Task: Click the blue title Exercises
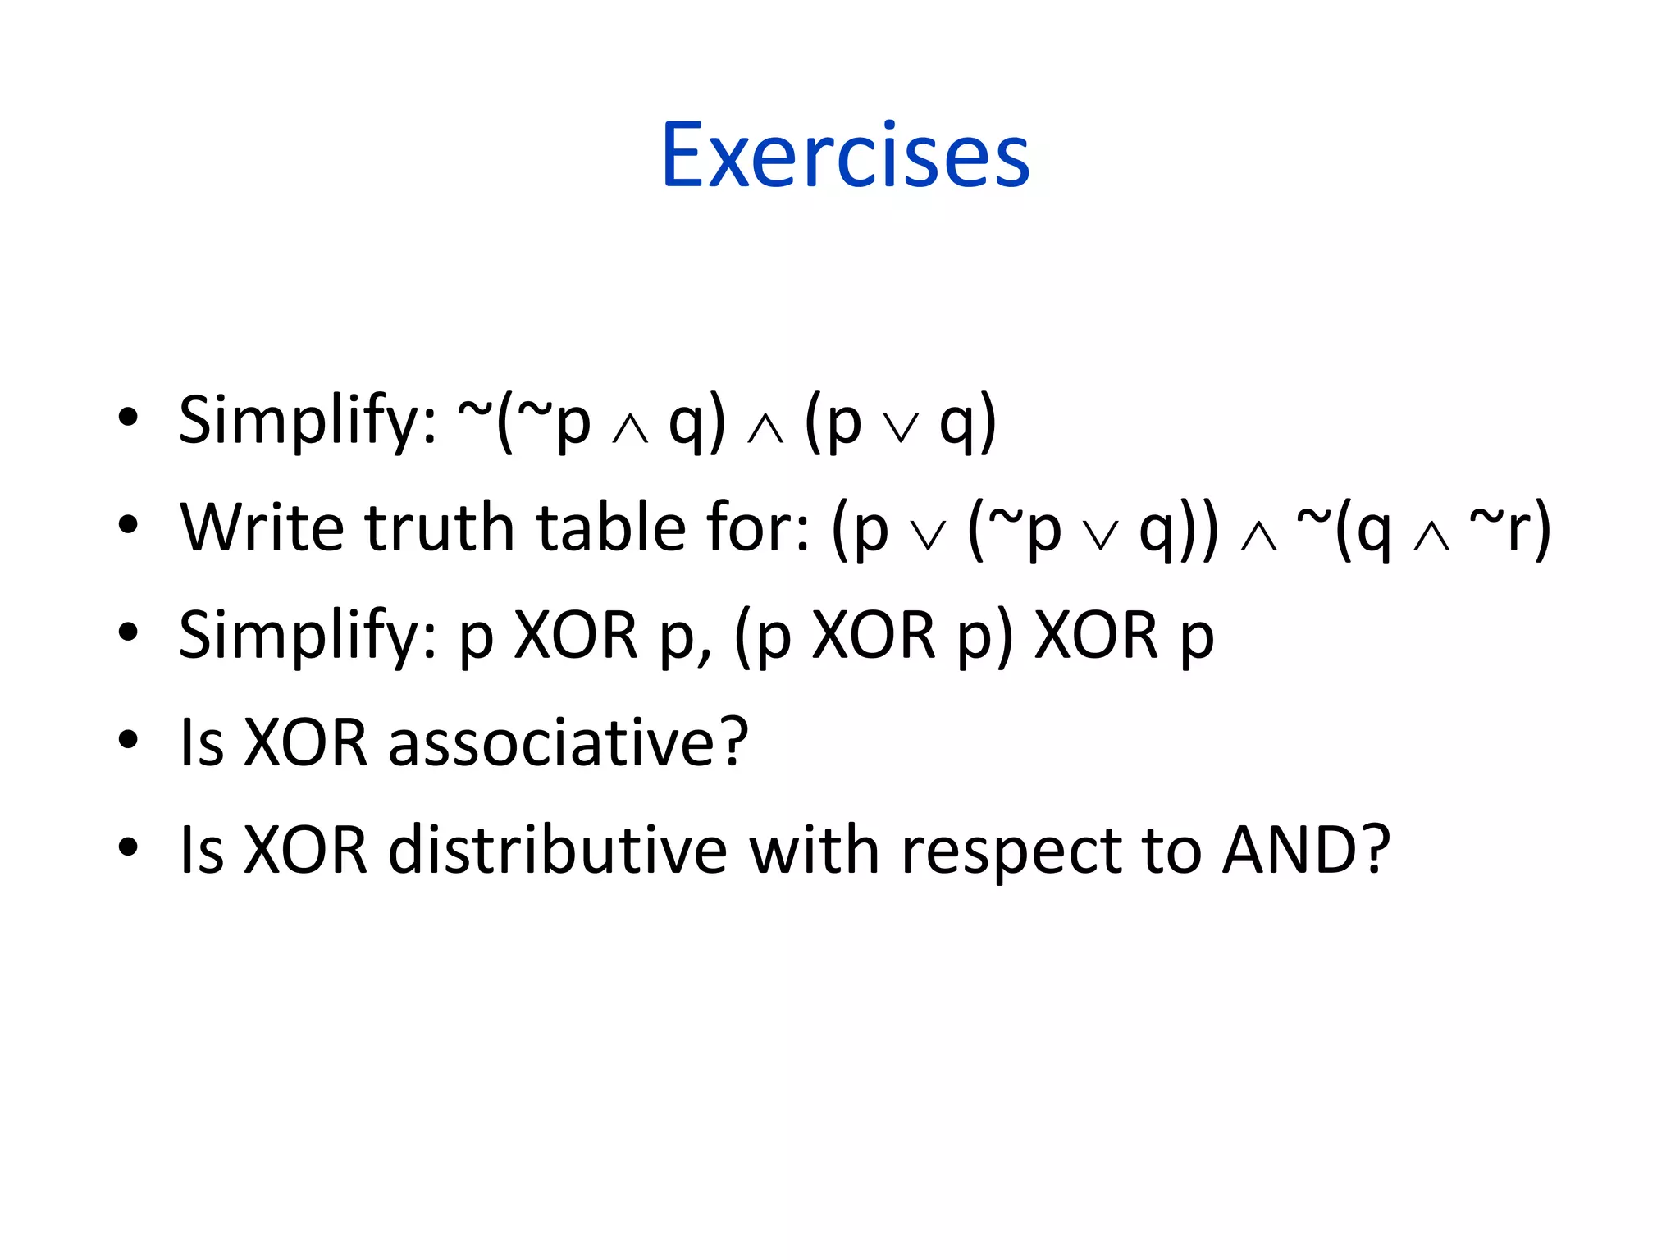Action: (845, 156)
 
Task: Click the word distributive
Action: (558, 850)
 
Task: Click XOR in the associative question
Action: (306, 742)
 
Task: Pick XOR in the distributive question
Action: (306, 850)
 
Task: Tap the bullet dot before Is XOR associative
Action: (128, 740)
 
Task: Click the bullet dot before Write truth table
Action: (128, 524)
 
